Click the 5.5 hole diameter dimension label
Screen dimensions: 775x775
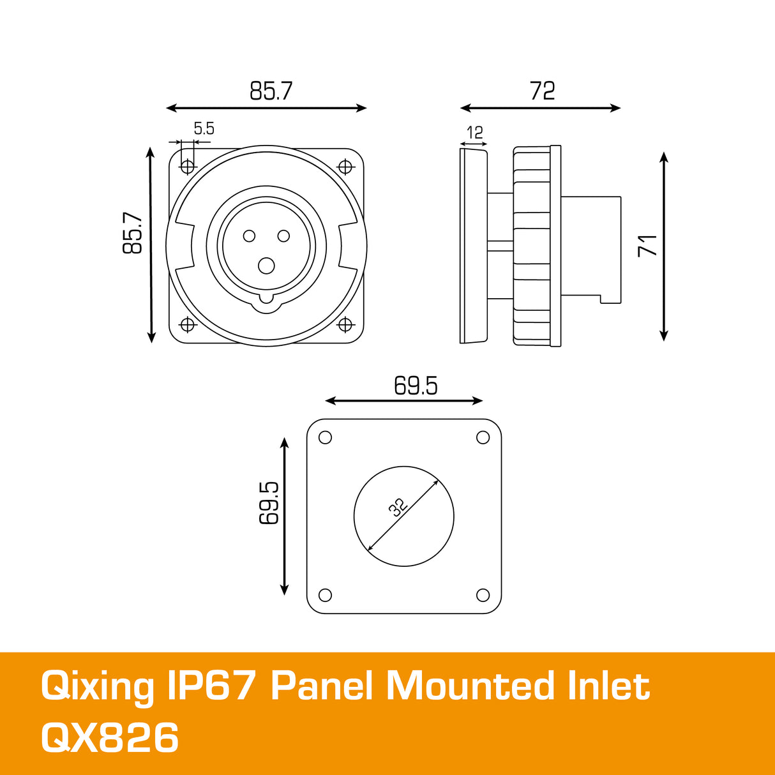pos(204,129)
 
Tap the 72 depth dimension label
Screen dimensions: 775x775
pos(542,91)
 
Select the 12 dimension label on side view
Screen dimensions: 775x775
pos(474,133)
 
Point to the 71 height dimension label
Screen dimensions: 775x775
pos(647,245)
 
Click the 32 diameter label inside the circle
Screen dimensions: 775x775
pos(398,507)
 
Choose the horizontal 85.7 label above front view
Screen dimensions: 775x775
pos(271,91)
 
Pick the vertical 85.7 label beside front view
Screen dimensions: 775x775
pos(133,233)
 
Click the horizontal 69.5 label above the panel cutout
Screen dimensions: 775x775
pos(416,386)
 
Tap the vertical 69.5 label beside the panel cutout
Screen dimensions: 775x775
pos(269,503)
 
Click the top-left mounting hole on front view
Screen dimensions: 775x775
pos(188,167)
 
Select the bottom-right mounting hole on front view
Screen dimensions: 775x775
pos(345,325)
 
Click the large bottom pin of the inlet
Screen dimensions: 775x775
pos(266,266)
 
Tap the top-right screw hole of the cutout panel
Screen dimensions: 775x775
pos(483,437)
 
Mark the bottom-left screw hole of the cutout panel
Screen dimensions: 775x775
pos(325,595)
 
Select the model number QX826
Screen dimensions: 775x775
pos(110,738)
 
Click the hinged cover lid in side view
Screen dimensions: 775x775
pos(473,245)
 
